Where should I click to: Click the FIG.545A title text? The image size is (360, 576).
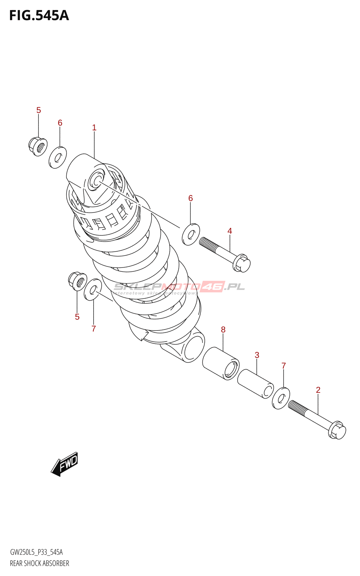pos(39,15)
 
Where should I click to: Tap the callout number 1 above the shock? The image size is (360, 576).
pos(94,128)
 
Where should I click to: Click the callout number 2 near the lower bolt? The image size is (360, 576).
pos(318,390)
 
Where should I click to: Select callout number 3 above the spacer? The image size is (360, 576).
pos(257,355)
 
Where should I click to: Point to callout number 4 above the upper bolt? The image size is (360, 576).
pos(230,231)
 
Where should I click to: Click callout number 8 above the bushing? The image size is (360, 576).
pos(223,329)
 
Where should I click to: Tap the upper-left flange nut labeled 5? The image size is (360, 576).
pos(38,146)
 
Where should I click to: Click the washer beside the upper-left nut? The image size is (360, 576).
pos(58,157)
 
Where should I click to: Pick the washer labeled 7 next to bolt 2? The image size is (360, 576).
pos(281,399)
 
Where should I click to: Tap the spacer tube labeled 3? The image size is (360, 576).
pos(255,383)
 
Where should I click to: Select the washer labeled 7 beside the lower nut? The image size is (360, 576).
pos(93,289)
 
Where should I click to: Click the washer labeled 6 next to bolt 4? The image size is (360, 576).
pos(191,234)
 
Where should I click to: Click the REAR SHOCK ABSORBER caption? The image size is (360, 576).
pos(40,563)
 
